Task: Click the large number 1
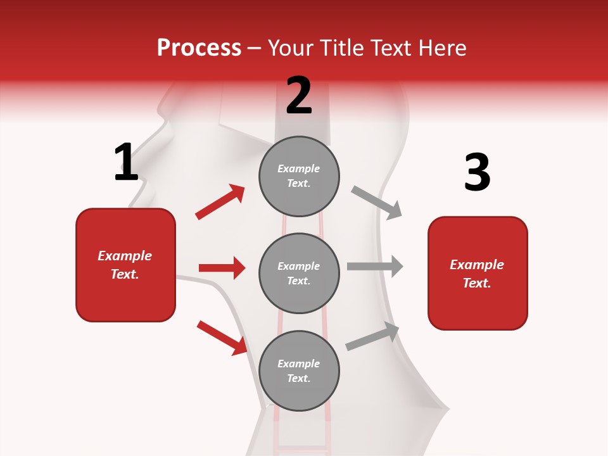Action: click(x=126, y=163)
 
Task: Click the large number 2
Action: click(x=299, y=96)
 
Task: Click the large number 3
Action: click(x=477, y=173)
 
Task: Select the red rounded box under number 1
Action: click(x=125, y=265)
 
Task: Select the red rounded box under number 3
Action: click(x=478, y=273)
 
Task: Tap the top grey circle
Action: click(x=299, y=176)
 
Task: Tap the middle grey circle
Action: click(x=299, y=273)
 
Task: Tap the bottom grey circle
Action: click(x=299, y=370)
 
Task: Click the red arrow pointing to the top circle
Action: click(x=220, y=202)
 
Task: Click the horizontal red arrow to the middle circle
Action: click(x=222, y=268)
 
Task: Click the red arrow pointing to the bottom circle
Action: click(x=222, y=337)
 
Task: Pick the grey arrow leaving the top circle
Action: click(x=377, y=202)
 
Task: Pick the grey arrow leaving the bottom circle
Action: click(x=372, y=336)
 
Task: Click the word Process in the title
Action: click(x=199, y=47)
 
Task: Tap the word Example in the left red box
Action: click(x=125, y=256)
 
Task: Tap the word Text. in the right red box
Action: click(x=477, y=283)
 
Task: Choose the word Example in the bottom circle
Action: click(x=299, y=364)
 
